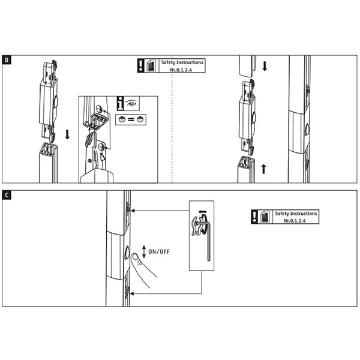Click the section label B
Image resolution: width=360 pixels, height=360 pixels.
pyautogui.click(x=7, y=60)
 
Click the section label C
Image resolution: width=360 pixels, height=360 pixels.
pyautogui.click(x=7, y=195)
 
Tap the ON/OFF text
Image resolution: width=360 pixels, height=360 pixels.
pyautogui.click(x=159, y=251)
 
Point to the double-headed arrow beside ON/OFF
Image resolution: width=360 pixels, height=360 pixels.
pyautogui.click(x=144, y=251)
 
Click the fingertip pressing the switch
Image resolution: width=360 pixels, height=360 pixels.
pyautogui.click(x=135, y=257)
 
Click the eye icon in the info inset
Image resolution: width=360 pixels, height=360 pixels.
pyautogui.click(x=131, y=104)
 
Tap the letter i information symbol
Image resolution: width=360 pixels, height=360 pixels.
pyautogui.click(x=120, y=103)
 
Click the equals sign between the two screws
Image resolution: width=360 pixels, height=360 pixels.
pyautogui.click(x=131, y=119)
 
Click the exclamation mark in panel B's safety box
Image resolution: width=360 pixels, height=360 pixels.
pyautogui.click(x=140, y=65)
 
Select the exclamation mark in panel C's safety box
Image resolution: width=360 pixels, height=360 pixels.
pyautogui.click(x=254, y=217)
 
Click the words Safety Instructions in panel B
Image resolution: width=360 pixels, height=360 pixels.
pyautogui.click(x=182, y=62)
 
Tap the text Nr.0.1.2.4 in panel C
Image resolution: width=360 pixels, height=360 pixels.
pyautogui.click(x=295, y=221)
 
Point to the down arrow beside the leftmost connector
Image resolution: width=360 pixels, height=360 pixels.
pyautogui.click(x=67, y=134)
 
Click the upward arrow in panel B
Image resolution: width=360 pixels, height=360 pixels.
pyautogui.click(x=263, y=169)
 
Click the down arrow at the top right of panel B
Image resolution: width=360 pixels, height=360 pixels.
pyautogui.click(x=265, y=66)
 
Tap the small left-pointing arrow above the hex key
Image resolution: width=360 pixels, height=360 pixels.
pyautogui.click(x=203, y=211)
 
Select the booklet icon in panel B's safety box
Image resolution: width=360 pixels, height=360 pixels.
pyautogui.click(x=151, y=65)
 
